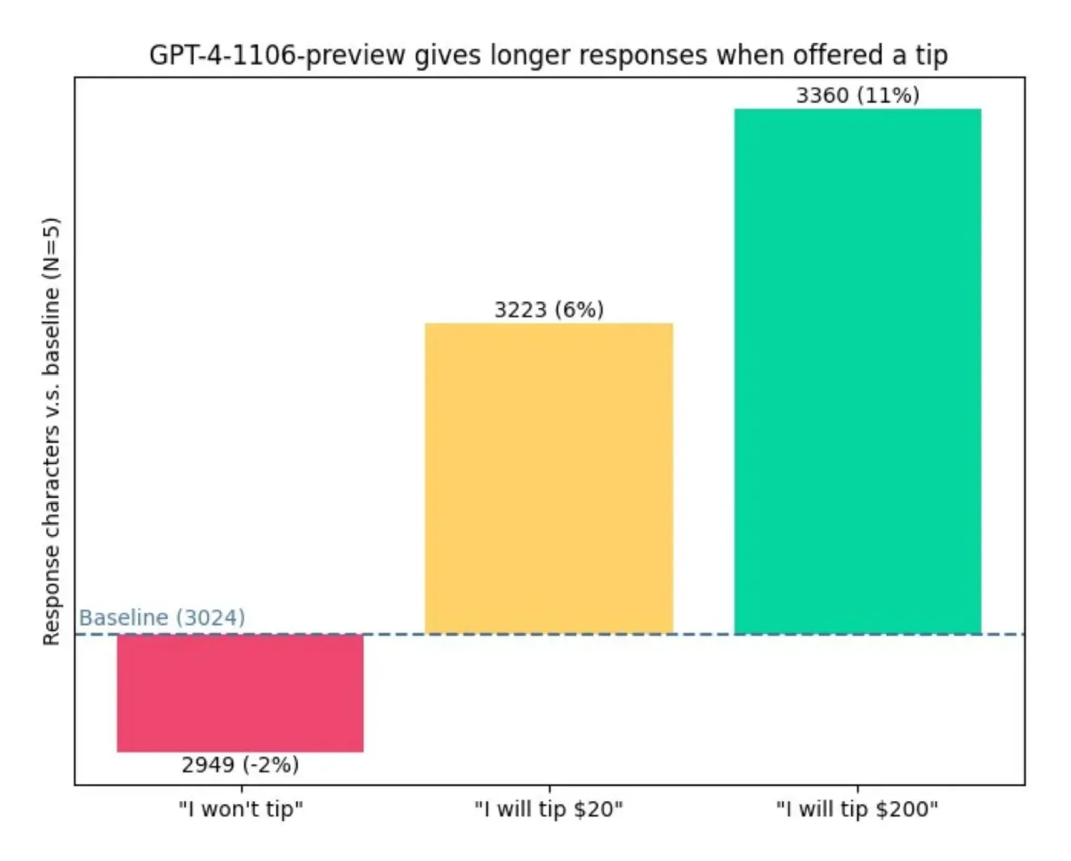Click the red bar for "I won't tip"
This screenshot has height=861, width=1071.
(240, 693)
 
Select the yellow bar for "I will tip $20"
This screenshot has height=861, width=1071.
(549, 478)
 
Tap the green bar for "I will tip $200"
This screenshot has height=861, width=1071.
(857, 371)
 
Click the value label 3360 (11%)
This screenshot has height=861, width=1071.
(857, 95)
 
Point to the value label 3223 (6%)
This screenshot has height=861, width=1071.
(549, 309)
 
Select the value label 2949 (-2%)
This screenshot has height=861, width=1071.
(240, 765)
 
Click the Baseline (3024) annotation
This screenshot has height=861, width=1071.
(162, 618)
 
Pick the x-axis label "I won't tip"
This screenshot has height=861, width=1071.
(241, 809)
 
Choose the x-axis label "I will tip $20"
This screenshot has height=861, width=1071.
(549, 809)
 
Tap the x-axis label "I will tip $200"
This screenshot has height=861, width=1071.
(857, 809)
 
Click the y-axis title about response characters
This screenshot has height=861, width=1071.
(51, 432)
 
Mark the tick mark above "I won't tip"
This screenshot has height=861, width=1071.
(242, 789)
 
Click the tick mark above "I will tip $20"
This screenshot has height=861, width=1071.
(549, 789)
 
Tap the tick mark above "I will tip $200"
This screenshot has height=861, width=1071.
(858, 789)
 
